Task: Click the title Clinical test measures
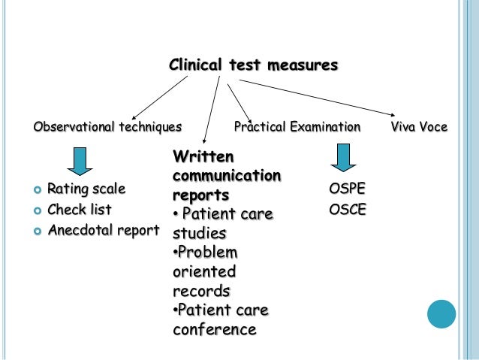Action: coord(253,65)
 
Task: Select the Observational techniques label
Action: coord(107,126)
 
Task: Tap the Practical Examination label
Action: coord(297,126)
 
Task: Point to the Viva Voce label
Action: coord(419,126)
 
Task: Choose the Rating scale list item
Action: coord(86,188)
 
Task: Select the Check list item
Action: coord(79,209)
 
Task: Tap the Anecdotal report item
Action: coord(104,230)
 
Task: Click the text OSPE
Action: coord(348,188)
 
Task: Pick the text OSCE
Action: coord(348,209)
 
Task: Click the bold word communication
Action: coord(227,176)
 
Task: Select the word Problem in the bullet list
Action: coord(206,252)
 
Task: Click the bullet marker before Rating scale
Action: coord(37,189)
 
